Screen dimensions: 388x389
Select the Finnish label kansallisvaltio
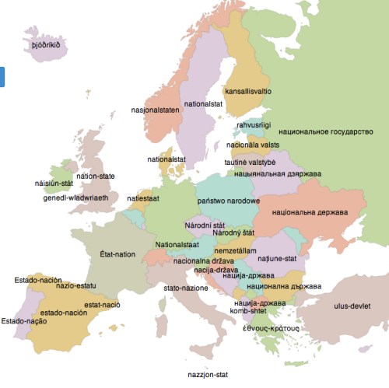coord(247,91)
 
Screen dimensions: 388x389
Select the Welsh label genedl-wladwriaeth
coord(75,197)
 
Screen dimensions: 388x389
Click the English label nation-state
coord(96,177)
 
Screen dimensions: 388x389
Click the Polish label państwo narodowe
coord(229,201)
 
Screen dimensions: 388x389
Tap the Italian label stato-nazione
coord(185,288)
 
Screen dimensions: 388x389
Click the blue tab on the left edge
coord(2,76)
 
